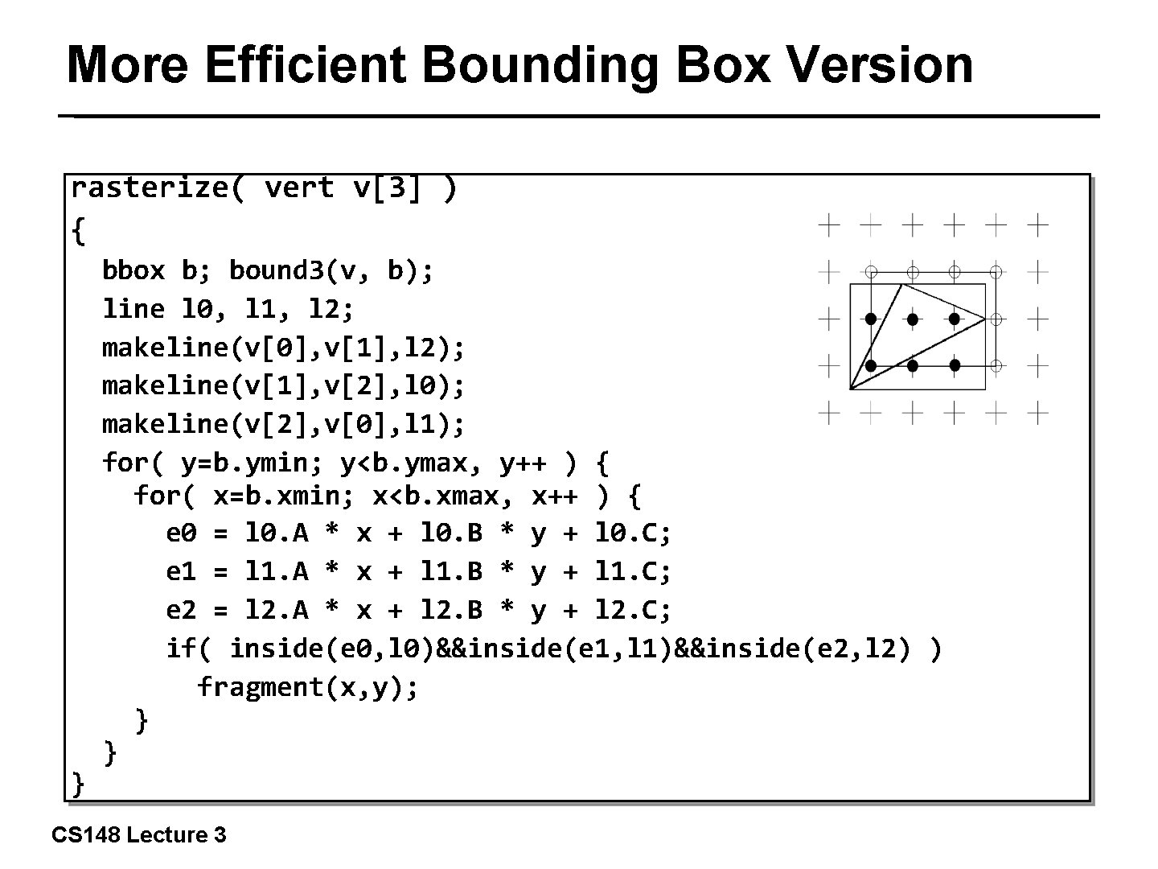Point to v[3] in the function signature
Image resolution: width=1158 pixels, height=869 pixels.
[386, 187]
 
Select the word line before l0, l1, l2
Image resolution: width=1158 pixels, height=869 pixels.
[133, 308]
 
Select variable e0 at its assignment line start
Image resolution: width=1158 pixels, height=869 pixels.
[181, 533]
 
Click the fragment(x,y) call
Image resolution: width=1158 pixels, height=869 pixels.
[308, 687]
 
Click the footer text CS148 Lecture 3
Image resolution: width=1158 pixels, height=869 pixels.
[139, 835]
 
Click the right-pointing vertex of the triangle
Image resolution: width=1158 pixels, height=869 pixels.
[985, 319]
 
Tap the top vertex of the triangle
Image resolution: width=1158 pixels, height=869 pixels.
[902, 284]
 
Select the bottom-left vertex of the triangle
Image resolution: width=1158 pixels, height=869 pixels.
[850, 389]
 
